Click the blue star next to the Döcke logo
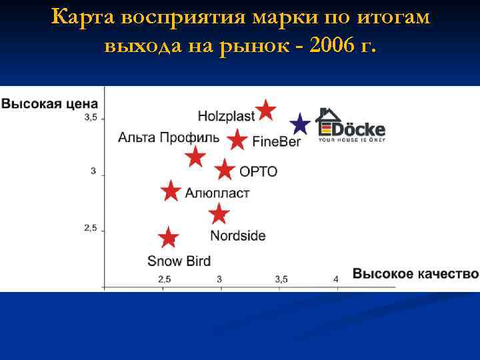click(x=301, y=124)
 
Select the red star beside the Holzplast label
click(x=266, y=110)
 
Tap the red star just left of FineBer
click(x=237, y=140)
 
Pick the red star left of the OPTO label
click(x=225, y=170)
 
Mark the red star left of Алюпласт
click(x=171, y=191)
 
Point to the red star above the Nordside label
click(x=219, y=215)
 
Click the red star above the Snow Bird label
click(x=169, y=238)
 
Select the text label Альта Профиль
click(x=169, y=138)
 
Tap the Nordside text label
click(x=237, y=235)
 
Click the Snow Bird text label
click(x=179, y=261)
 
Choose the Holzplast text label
click(x=226, y=116)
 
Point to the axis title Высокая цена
click(x=50, y=104)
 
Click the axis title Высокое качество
click(x=415, y=274)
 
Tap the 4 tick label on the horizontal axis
click(x=336, y=279)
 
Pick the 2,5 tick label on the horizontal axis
click(x=164, y=279)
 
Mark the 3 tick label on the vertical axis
click(x=93, y=171)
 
